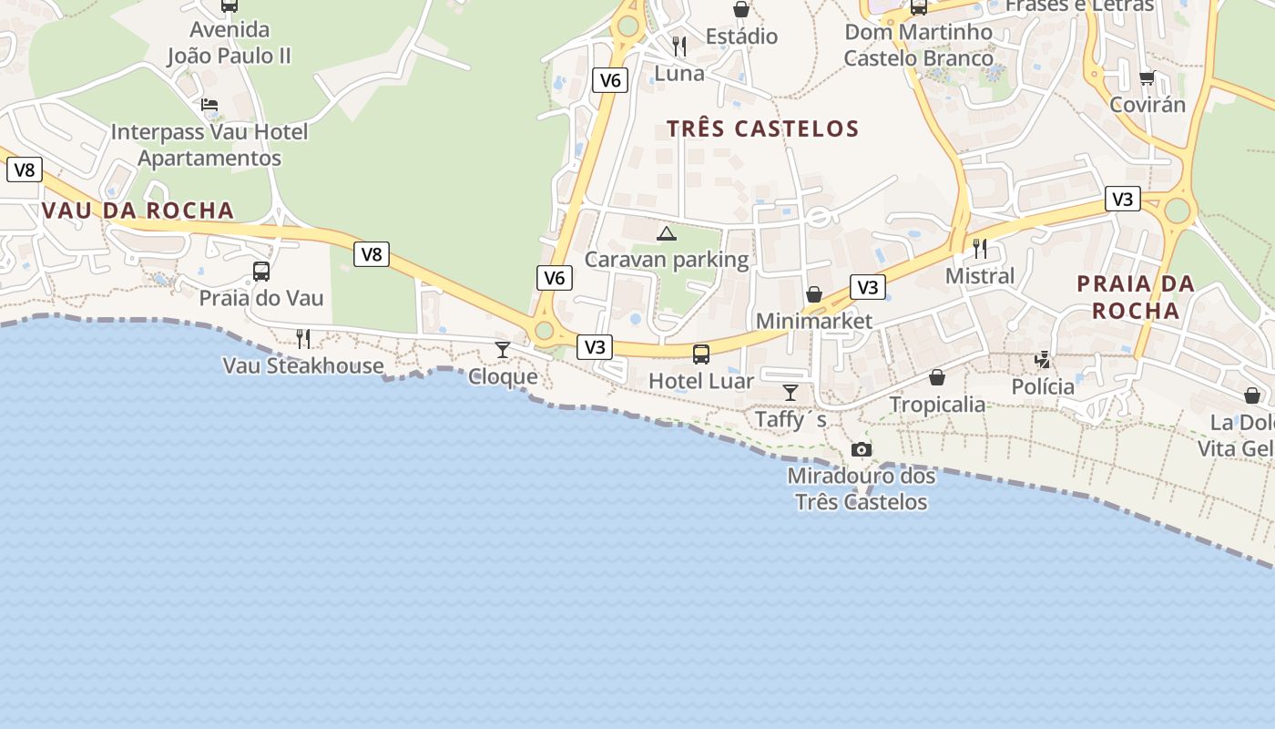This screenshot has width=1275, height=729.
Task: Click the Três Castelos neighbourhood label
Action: (762, 128)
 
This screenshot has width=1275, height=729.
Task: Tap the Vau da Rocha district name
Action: (138, 210)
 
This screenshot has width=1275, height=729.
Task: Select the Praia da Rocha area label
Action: (1135, 297)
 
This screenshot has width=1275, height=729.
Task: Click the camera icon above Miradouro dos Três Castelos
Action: (861, 449)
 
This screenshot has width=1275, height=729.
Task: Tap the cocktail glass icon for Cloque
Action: (502, 349)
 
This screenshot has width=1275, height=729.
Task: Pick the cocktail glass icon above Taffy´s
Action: (790, 393)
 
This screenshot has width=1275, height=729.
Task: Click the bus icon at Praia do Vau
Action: (261, 271)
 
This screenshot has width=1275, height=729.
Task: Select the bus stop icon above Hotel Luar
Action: (700, 354)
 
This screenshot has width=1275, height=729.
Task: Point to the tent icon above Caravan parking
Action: (667, 234)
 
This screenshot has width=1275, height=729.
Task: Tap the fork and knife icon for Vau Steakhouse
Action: (303, 339)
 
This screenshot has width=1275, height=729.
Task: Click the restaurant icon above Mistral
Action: (980, 248)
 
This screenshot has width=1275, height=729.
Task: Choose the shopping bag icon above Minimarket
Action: (814, 294)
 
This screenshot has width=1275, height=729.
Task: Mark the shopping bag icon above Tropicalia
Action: (937, 377)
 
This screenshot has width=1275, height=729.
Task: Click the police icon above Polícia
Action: (1043, 360)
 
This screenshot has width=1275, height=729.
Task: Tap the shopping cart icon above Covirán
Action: (1147, 78)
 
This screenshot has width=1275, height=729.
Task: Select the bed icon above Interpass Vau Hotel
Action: (209, 105)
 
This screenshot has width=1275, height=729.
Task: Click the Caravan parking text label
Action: (666, 260)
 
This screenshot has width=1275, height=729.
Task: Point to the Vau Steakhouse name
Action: (303, 365)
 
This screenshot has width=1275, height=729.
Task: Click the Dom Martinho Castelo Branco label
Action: (918, 45)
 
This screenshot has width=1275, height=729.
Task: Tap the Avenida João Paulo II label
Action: (229, 42)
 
